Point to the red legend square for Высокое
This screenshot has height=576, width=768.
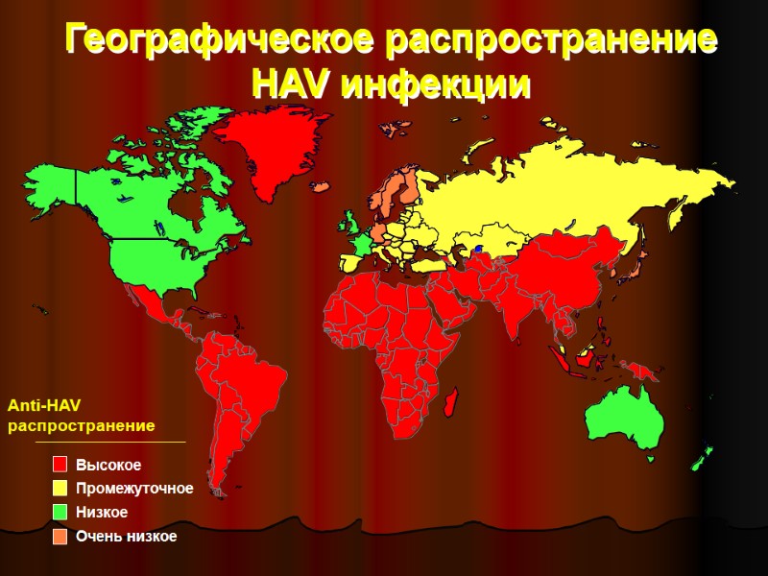coord(60,465)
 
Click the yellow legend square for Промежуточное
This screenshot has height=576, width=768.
coord(60,488)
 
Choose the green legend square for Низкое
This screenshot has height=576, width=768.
coord(60,512)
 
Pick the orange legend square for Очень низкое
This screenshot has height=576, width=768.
coord(60,536)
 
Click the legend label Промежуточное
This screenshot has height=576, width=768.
coord(134,489)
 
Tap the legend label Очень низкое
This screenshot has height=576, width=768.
coord(127,536)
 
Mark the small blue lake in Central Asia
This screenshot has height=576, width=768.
coord(476,250)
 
